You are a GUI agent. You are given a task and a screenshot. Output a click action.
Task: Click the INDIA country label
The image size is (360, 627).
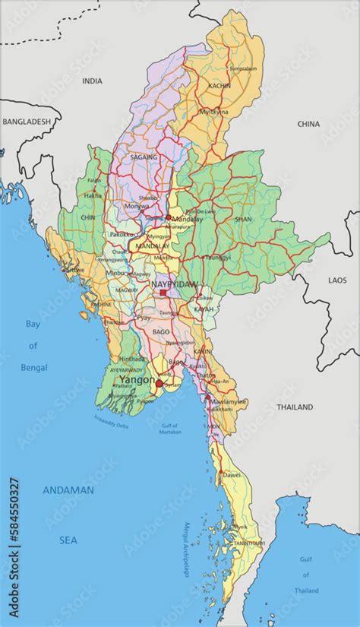coord(92,81)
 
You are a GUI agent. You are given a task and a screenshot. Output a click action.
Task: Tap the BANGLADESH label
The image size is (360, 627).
coord(26,121)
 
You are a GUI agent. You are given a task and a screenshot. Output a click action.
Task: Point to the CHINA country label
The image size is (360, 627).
coord(308,123)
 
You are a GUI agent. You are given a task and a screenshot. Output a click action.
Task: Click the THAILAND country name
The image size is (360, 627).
coord(294,407)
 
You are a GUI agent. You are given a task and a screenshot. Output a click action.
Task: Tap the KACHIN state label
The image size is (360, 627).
coord(219,87)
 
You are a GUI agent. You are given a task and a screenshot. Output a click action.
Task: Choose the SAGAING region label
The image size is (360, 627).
coord(144,157)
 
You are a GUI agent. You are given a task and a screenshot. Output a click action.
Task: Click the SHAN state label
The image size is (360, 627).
coord(243,219)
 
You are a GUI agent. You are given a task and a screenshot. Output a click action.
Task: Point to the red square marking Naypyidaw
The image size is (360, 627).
coord(163,292)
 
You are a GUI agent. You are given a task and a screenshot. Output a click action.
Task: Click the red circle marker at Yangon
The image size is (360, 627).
coord(158,385)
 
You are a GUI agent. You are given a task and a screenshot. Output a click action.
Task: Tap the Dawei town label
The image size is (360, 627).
coord(232,477)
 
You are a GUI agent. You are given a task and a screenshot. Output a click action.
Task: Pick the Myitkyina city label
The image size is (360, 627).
coord(213,112)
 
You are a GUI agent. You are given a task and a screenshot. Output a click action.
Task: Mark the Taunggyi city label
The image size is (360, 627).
coord(217,258)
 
